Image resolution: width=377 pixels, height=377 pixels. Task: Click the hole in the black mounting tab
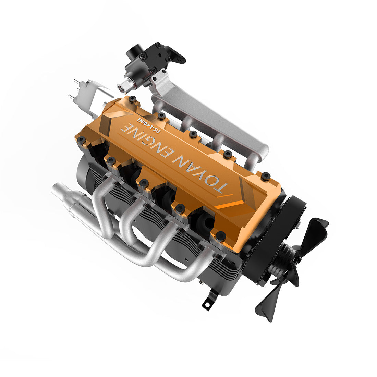tap(207, 303)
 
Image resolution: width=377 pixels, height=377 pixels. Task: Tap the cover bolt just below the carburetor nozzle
tap(133, 99)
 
